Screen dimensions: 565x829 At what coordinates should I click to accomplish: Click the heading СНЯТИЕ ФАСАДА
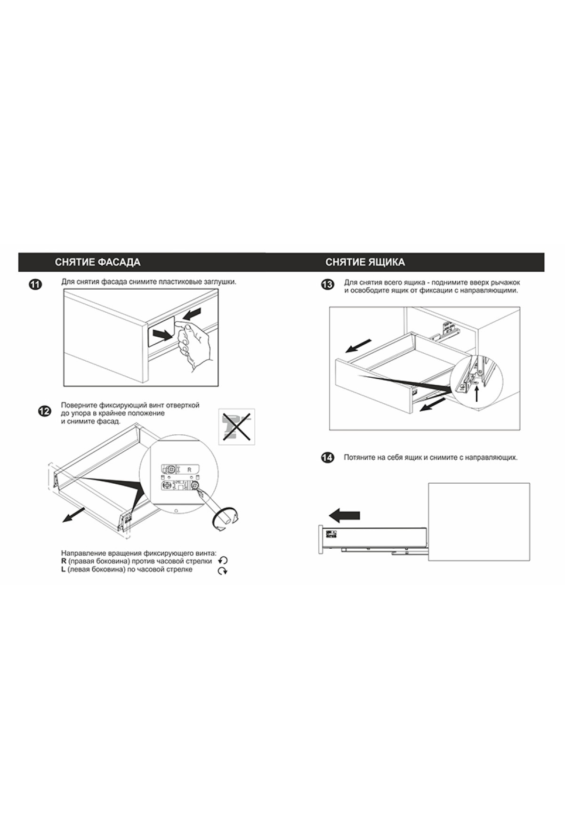[x=97, y=262]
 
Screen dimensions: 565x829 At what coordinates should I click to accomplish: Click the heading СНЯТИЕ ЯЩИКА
[x=365, y=262]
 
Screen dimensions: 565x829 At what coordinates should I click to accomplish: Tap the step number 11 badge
[x=35, y=284]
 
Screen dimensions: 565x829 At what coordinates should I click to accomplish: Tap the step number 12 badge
[x=44, y=411]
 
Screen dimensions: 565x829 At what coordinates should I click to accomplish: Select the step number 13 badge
[x=327, y=284]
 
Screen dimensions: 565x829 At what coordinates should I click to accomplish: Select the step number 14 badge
[x=327, y=457]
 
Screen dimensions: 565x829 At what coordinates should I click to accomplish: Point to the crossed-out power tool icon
[x=237, y=426]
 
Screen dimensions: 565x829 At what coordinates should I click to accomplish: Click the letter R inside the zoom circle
[x=190, y=470]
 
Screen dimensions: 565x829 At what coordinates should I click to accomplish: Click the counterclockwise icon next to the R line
[x=223, y=561]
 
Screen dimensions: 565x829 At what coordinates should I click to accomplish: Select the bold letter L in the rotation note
[x=63, y=569]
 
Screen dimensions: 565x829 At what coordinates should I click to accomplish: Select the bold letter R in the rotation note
[x=64, y=561]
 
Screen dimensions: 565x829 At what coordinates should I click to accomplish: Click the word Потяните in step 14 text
[x=358, y=457]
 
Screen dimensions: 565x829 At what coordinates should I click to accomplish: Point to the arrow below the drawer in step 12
[x=73, y=515]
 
